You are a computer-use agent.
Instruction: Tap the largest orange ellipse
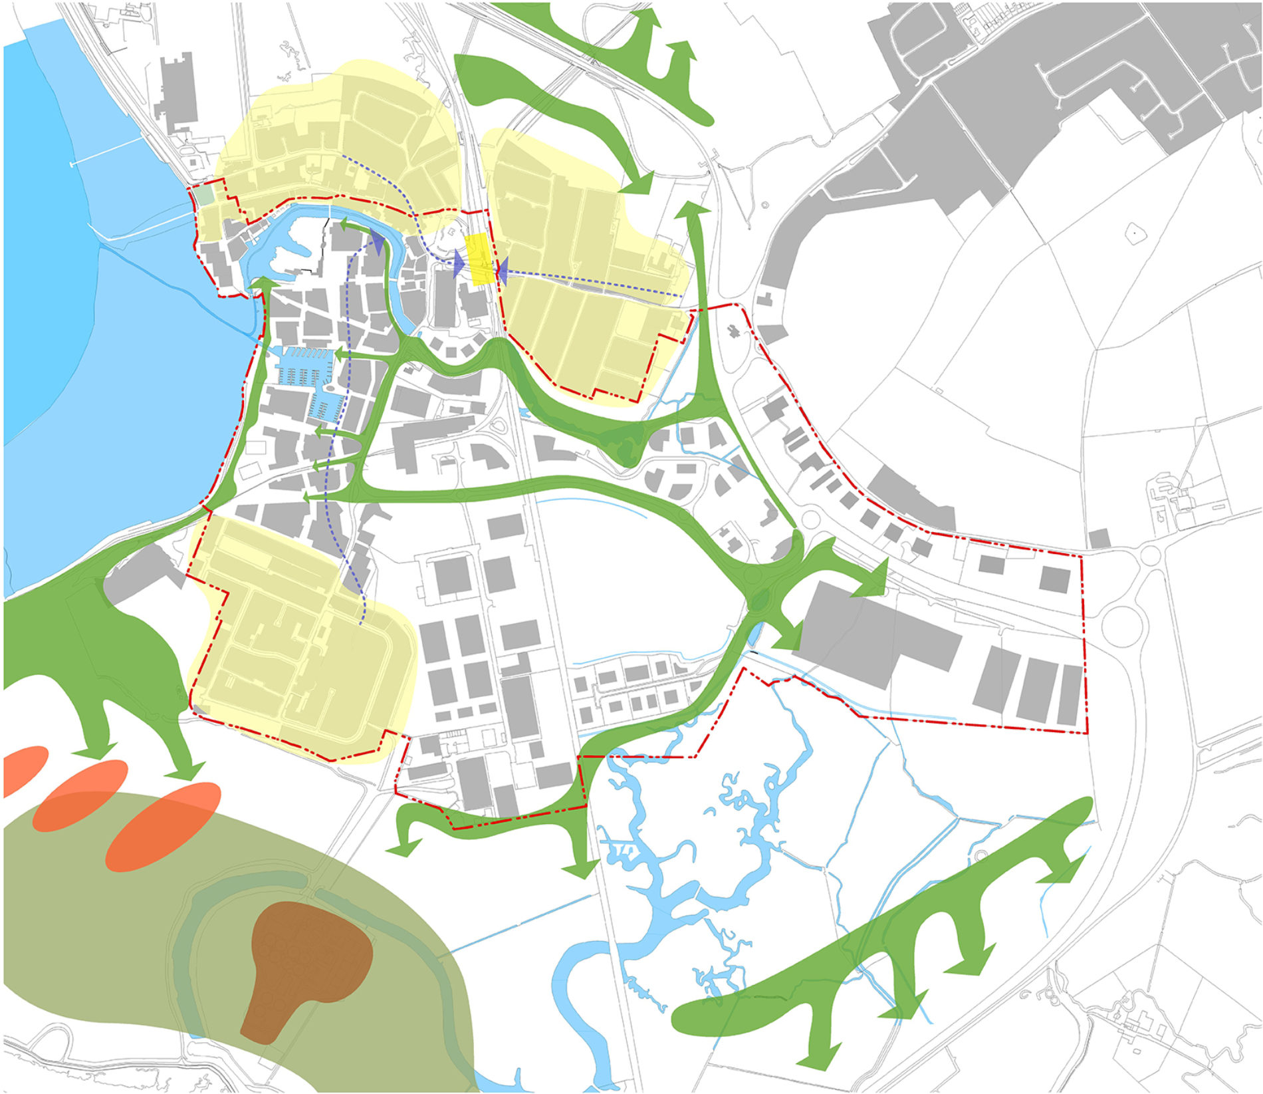coord(163,826)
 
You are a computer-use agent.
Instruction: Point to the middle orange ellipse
coord(80,795)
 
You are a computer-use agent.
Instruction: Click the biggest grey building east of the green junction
coord(877,632)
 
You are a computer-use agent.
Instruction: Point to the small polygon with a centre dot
coord(1130,234)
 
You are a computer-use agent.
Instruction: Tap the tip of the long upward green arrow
coord(692,205)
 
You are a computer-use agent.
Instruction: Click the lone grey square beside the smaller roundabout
coord(1100,538)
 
